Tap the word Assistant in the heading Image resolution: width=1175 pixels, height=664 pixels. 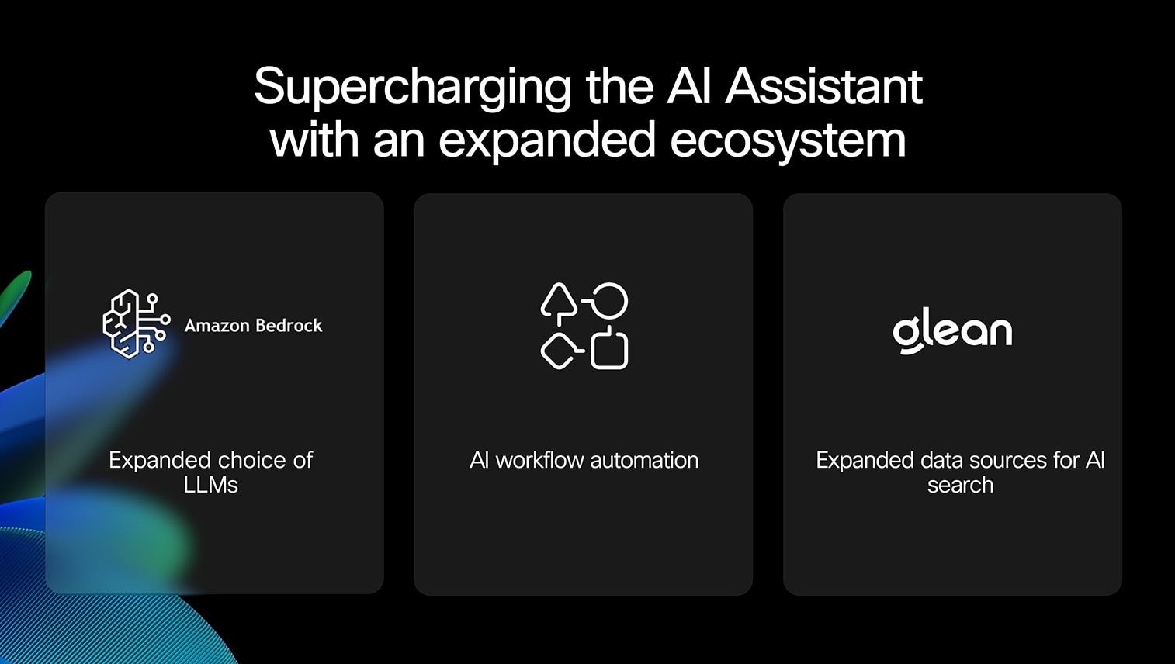click(x=823, y=86)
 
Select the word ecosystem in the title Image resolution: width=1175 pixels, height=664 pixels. click(x=788, y=140)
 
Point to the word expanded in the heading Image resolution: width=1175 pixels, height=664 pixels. click(x=547, y=140)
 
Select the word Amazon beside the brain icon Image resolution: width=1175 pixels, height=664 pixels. click(x=217, y=326)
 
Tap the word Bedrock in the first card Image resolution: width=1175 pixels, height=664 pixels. click(x=289, y=326)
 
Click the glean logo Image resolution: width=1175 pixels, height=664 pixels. click(x=952, y=331)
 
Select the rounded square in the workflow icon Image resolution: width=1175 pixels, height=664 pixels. click(x=609, y=350)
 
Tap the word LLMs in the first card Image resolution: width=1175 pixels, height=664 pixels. click(x=211, y=485)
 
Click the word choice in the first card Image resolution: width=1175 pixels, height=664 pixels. click(x=251, y=461)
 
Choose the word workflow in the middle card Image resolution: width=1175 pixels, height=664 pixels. click(x=539, y=461)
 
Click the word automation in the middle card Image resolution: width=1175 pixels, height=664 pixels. click(x=644, y=461)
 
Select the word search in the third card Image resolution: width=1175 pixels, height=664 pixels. click(x=961, y=485)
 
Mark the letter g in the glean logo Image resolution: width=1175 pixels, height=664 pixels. click(x=906, y=334)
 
